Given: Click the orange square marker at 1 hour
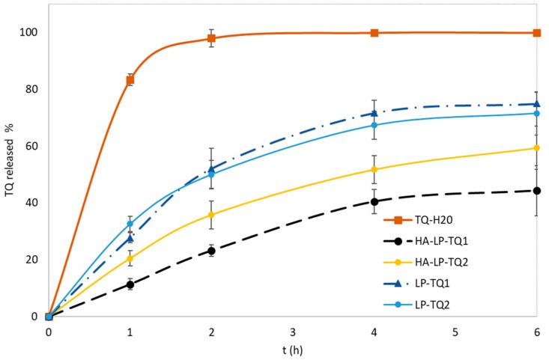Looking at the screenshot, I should pyautogui.click(x=130, y=79).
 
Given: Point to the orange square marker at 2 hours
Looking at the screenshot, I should pyautogui.click(x=211, y=38).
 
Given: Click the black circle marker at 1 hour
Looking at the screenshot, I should pyautogui.click(x=130, y=284).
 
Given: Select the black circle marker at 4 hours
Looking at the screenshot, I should pyautogui.click(x=374, y=201).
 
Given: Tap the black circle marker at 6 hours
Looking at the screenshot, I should pyautogui.click(x=537, y=191).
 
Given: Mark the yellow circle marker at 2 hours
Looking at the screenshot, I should pyautogui.click(x=211, y=215).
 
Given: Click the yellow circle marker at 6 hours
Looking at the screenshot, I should pyautogui.click(x=537, y=148).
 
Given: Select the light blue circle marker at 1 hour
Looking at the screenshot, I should pyautogui.click(x=130, y=224).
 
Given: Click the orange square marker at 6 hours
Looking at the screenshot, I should pyautogui.click(x=537, y=33).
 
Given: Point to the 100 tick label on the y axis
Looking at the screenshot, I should pyautogui.click(x=28, y=32).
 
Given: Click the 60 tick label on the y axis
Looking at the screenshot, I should pyautogui.click(x=31, y=146).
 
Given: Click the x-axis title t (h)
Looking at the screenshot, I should pyautogui.click(x=292, y=349).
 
